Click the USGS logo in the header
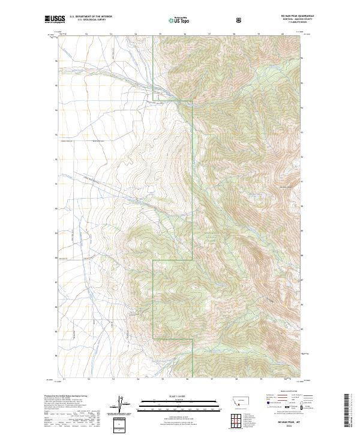55,19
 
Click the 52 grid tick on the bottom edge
88,379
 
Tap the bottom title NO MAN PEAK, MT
278,424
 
